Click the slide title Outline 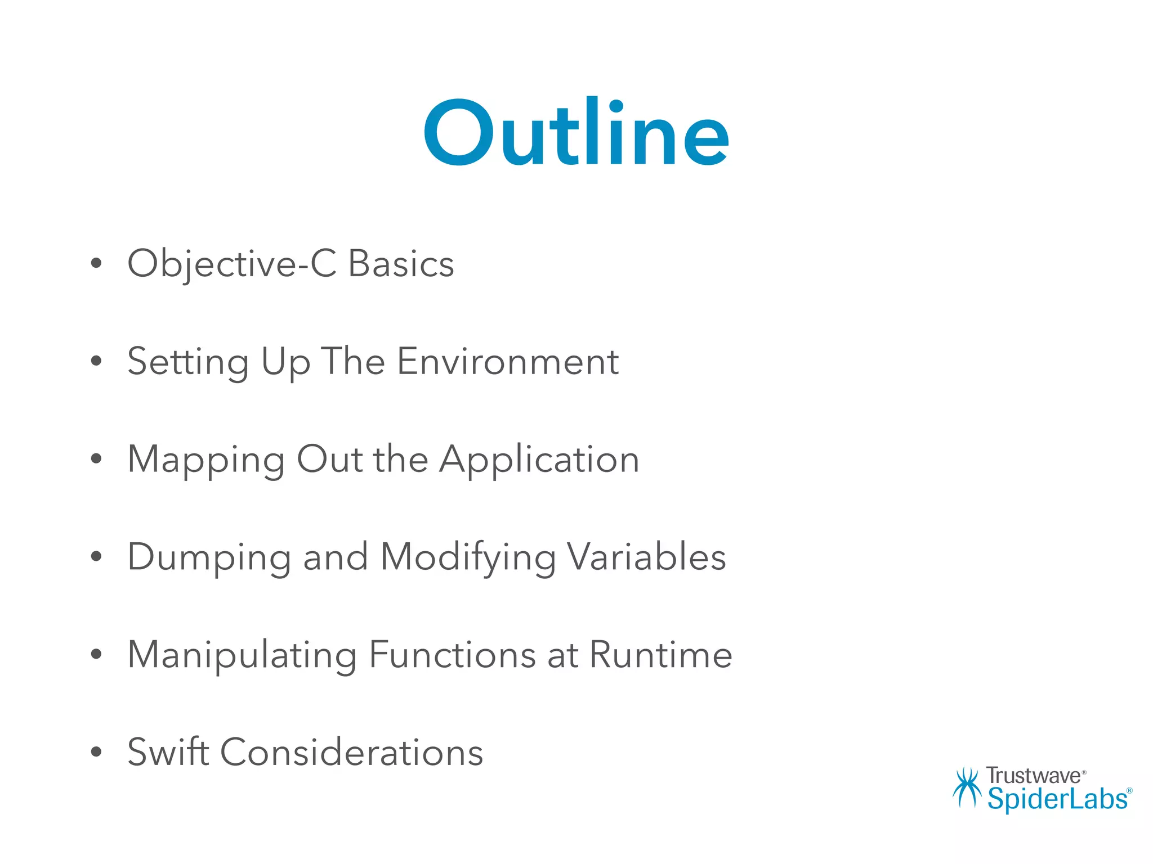(x=576, y=134)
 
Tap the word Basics (x=401, y=264)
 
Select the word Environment (x=508, y=361)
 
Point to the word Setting (x=188, y=362)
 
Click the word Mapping (x=206, y=460)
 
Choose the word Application (x=539, y=460)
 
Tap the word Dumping (x=209, y=557)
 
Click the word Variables (x=646, y=557)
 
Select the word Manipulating (x=242, y=655)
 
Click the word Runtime (x=661, y=655)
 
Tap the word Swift (x=168, y=751)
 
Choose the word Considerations (x=351, y=753)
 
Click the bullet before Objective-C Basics (x=96, y=263)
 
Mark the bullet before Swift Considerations (x=96, y=751)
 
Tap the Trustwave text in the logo (x=1034, y=776)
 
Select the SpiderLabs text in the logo (x=1058, y=799)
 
